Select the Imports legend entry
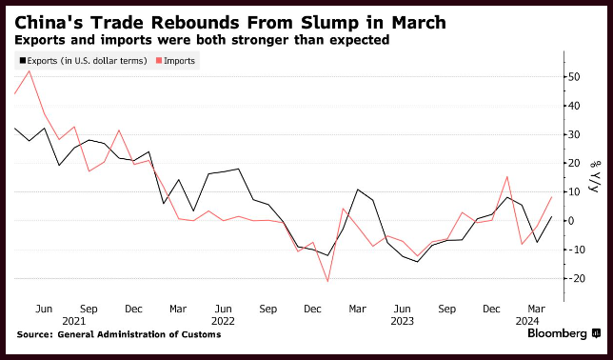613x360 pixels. pyautogui.click(x=175, y=61)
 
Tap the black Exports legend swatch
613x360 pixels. pyautogui.click(x=23, y=61)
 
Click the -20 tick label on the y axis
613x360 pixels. pyautogui.click(x=575, y=278)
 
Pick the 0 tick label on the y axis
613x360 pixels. pyautogui.click(x=572, y=221)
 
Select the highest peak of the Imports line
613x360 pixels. pyautogui.click(x=29, y=70)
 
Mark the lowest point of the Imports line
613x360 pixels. pyautogui.click(x=327, y=281)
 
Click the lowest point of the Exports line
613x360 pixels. pyautogui.click(x=417, y=262)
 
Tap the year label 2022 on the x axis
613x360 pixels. pyautogui.click(x=224, y=321)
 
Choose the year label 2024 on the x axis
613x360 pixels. pyautogui.click(x=527, y=321)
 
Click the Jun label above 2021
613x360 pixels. pyautogui.click(x=44, y=309)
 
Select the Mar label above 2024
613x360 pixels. pyautogui.click(x=537, y=309)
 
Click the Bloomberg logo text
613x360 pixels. pyautogui.click(x=558, y=333)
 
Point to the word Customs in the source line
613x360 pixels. pyautogui.click(x=204, y=334)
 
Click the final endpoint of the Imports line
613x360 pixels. pyautogui.click(x=552, y=197)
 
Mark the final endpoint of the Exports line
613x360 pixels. pyautogui.click(x=552, y=216)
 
